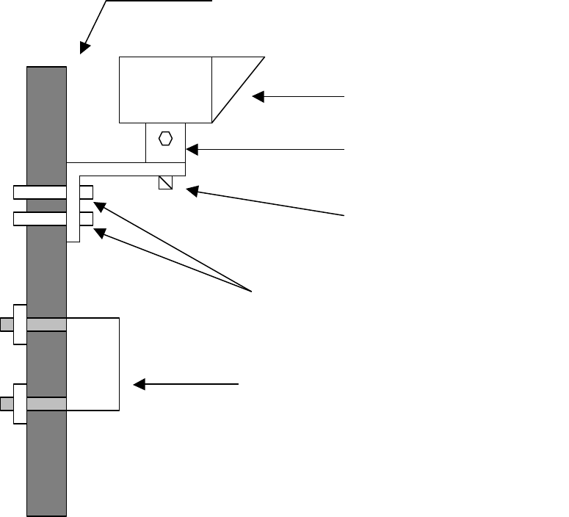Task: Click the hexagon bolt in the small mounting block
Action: tap(165, 138)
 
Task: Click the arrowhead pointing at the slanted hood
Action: tap(258, 96)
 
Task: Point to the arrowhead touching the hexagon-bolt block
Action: tap(190, 150)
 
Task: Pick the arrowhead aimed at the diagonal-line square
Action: tap(190, 192)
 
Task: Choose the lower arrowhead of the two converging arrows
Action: tap(98, 232)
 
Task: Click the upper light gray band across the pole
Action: tap(46, 324)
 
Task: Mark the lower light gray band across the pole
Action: tap(46, 403)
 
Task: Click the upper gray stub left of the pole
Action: tap(7, 324)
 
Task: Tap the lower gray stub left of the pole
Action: tap(7, 403)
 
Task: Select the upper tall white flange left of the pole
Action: tap(20, 324)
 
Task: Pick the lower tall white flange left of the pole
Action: tap(20, 403)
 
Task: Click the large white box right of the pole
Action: tap(93, 364)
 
